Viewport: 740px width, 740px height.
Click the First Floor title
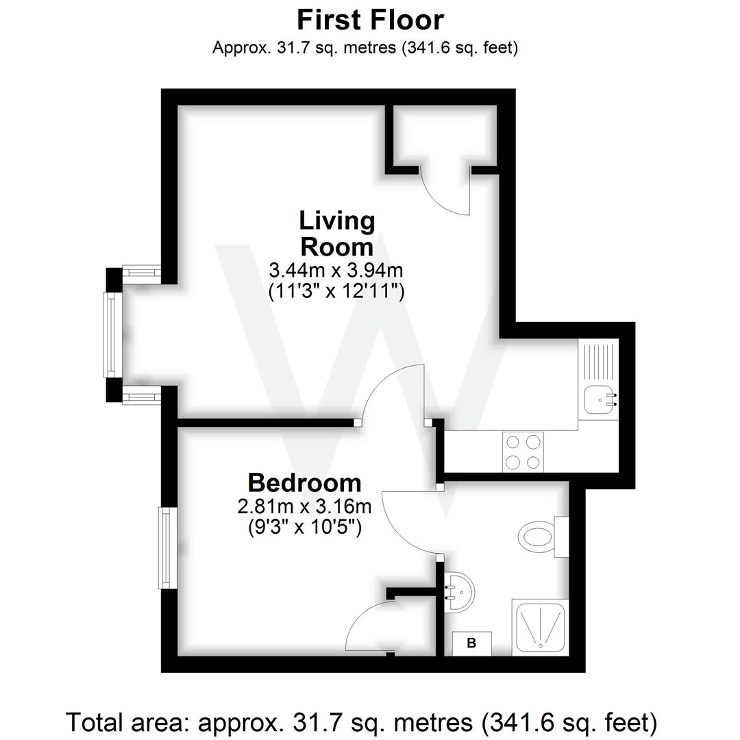(370, 20)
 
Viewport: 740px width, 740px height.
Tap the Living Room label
(337, 233)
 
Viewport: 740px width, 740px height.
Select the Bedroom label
(304, 482)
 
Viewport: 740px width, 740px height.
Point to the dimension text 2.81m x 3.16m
(304, 507)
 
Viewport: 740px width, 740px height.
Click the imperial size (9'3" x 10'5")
(304, 528)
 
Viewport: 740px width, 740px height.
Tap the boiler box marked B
(471, 643)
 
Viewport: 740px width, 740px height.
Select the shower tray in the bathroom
(540, 626)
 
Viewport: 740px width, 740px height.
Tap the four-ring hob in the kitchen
(523, 452)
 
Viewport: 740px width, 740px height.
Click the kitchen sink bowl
(597, 399)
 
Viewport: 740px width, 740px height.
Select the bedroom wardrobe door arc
(370, 627)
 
